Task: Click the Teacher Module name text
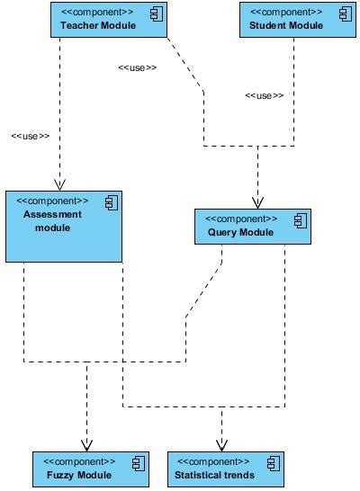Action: click(x=98, y=25)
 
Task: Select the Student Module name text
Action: click(x=285, y=25)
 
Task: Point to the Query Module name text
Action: click(x=234, y=233)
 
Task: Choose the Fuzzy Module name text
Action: click(x=79, y=475)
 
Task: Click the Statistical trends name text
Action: click(x=214, y=475)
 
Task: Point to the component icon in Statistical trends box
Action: click(x=273, y=462)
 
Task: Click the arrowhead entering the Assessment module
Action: click(x=59, y=184)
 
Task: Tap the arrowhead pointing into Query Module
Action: click(x=257, y=202)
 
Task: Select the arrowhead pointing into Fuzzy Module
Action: click(x=87, y=444)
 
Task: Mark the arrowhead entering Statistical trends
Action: click(x=221, y=444)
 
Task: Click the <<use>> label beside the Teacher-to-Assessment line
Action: click(x=30, y=136)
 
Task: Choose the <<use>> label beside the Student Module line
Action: click(x=264, y=95)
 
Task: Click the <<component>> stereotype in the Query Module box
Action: click(x=240, y=219)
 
